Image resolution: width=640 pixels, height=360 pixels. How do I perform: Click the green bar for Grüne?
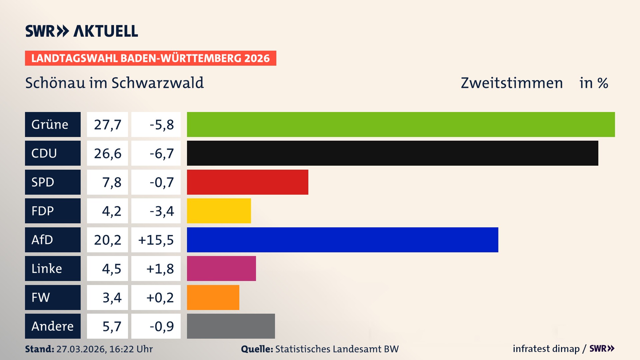click(x=401, y=124)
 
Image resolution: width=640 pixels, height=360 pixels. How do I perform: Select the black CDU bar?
click(x=392, y=153)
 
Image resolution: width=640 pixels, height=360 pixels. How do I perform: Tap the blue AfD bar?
click(x=342, y=240)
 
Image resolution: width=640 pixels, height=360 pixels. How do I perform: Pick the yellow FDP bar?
click(x=219, y=211)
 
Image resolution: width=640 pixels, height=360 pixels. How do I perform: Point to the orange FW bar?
click(x=213, y=297)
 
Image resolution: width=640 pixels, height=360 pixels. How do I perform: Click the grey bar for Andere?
click(x=231, y=326)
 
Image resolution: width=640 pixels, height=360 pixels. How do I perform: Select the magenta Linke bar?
click(x=221, y=268)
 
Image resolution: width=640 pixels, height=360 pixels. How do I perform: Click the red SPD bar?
click(x=247, y=182)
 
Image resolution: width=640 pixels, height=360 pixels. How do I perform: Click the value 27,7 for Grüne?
click(x=107, y=125)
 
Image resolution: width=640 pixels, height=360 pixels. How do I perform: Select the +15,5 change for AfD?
click(x=156, y=240)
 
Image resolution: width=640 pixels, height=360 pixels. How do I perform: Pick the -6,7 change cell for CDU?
click(x=156, y=153)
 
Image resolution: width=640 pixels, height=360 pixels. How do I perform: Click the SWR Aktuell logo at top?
click(x=82, y=31)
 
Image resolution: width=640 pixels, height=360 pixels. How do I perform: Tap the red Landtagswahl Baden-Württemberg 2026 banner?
click(x=150, y=58)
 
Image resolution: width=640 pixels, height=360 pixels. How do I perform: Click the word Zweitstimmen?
click(x=512, y=83)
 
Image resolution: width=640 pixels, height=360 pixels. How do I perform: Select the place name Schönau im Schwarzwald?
click(x=114, y=83)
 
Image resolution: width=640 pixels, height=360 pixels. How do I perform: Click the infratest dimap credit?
click(x=546, y=349)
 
